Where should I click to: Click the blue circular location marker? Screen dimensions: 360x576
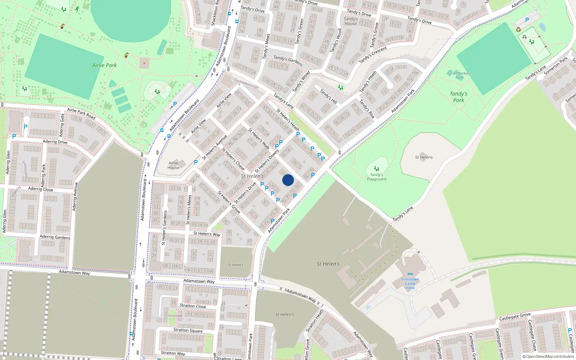point(288,180)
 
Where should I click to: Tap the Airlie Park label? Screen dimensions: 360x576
point(104,65)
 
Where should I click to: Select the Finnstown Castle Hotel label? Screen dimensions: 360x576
point(410,283)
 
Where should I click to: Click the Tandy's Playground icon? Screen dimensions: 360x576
point(376,168)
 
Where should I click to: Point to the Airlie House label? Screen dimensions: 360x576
point(173,165)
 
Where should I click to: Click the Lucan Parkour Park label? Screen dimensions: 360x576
point(459,75)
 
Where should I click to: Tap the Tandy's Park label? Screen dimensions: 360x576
point(459,97)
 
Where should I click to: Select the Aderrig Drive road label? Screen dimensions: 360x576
point(55,141)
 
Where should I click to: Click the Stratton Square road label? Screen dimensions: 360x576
point(188,330)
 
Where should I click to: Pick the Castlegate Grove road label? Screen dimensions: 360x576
point(515,317)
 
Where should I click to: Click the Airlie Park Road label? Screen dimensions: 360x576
point(81,113)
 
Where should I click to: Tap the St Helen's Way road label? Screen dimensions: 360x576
point(207,234)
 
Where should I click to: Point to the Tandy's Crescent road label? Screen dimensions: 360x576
point(373,55)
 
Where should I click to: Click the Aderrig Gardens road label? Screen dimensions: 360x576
point(55,237)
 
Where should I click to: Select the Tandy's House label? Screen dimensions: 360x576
point(351,21)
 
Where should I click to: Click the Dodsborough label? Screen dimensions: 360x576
point(246,84)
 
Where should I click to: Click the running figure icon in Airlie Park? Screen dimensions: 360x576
point(77,9)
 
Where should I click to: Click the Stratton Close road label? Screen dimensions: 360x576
point(193,306)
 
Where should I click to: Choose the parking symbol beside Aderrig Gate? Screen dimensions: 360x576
point(26,127)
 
